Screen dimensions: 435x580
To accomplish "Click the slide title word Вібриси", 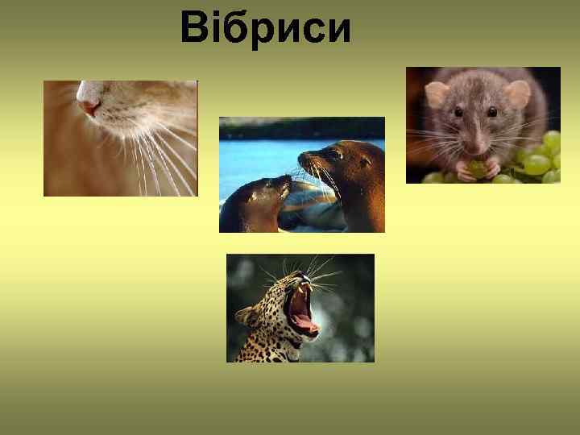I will [266, 28].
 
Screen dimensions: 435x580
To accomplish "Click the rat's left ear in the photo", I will [437, 94].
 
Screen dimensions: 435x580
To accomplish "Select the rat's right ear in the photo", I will [517, 93].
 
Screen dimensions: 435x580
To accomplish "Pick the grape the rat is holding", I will [477, 168].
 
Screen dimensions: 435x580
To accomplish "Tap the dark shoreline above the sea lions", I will [302, 128].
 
